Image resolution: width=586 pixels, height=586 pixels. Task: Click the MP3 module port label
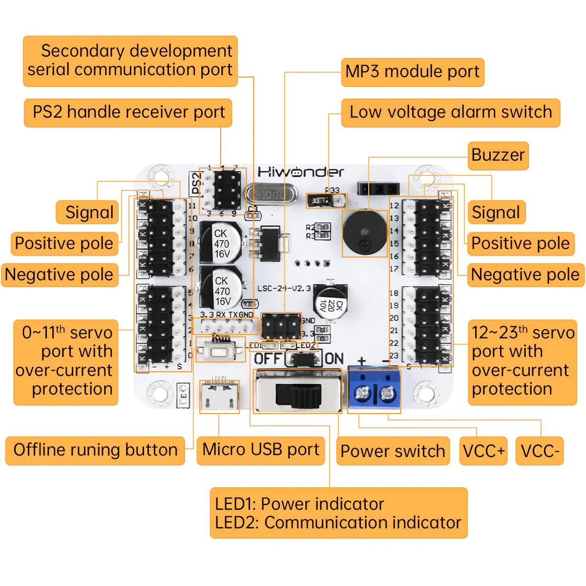pos(412,72)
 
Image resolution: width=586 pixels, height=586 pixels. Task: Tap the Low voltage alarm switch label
pos(450,112)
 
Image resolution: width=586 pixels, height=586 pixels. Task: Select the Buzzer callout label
pos(498,155)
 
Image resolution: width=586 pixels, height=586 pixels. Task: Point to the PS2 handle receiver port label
pos(128,112)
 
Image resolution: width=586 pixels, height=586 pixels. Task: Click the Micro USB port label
pos(260,450)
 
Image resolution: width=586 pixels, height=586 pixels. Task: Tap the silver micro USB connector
pos(219,396)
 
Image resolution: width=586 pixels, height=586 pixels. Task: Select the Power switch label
pos(392,451)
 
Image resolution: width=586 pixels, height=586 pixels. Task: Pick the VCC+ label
pos(483,451)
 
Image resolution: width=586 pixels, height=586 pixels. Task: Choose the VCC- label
pos(539,451)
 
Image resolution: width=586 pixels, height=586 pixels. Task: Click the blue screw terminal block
pos(374,389)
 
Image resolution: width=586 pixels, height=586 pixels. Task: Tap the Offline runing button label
pos(95,450)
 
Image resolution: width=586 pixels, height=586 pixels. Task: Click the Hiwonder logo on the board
pos(300,172)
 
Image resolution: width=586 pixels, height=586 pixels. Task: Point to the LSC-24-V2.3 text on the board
pos(284,288)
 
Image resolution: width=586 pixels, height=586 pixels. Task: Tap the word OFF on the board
pos(268,359)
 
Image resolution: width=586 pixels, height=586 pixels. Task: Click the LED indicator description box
pos(338,513)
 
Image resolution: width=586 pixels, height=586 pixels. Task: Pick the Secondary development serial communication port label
pos(130,61)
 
